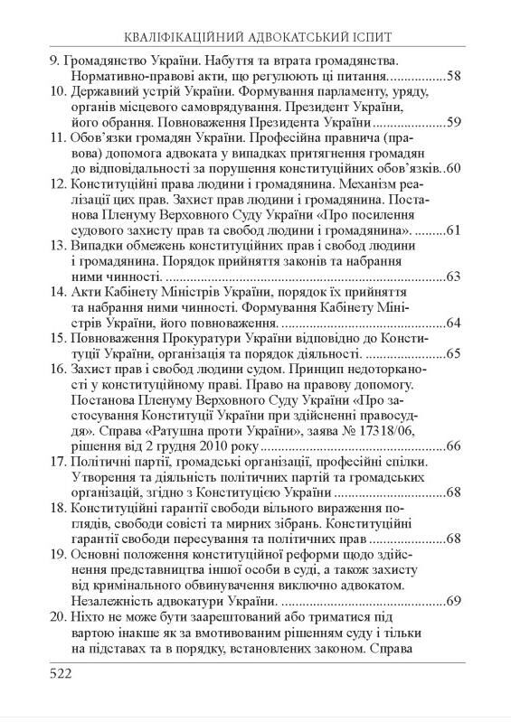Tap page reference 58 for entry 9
click(x=453, y=76)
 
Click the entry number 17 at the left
click(x=56, y=463)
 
